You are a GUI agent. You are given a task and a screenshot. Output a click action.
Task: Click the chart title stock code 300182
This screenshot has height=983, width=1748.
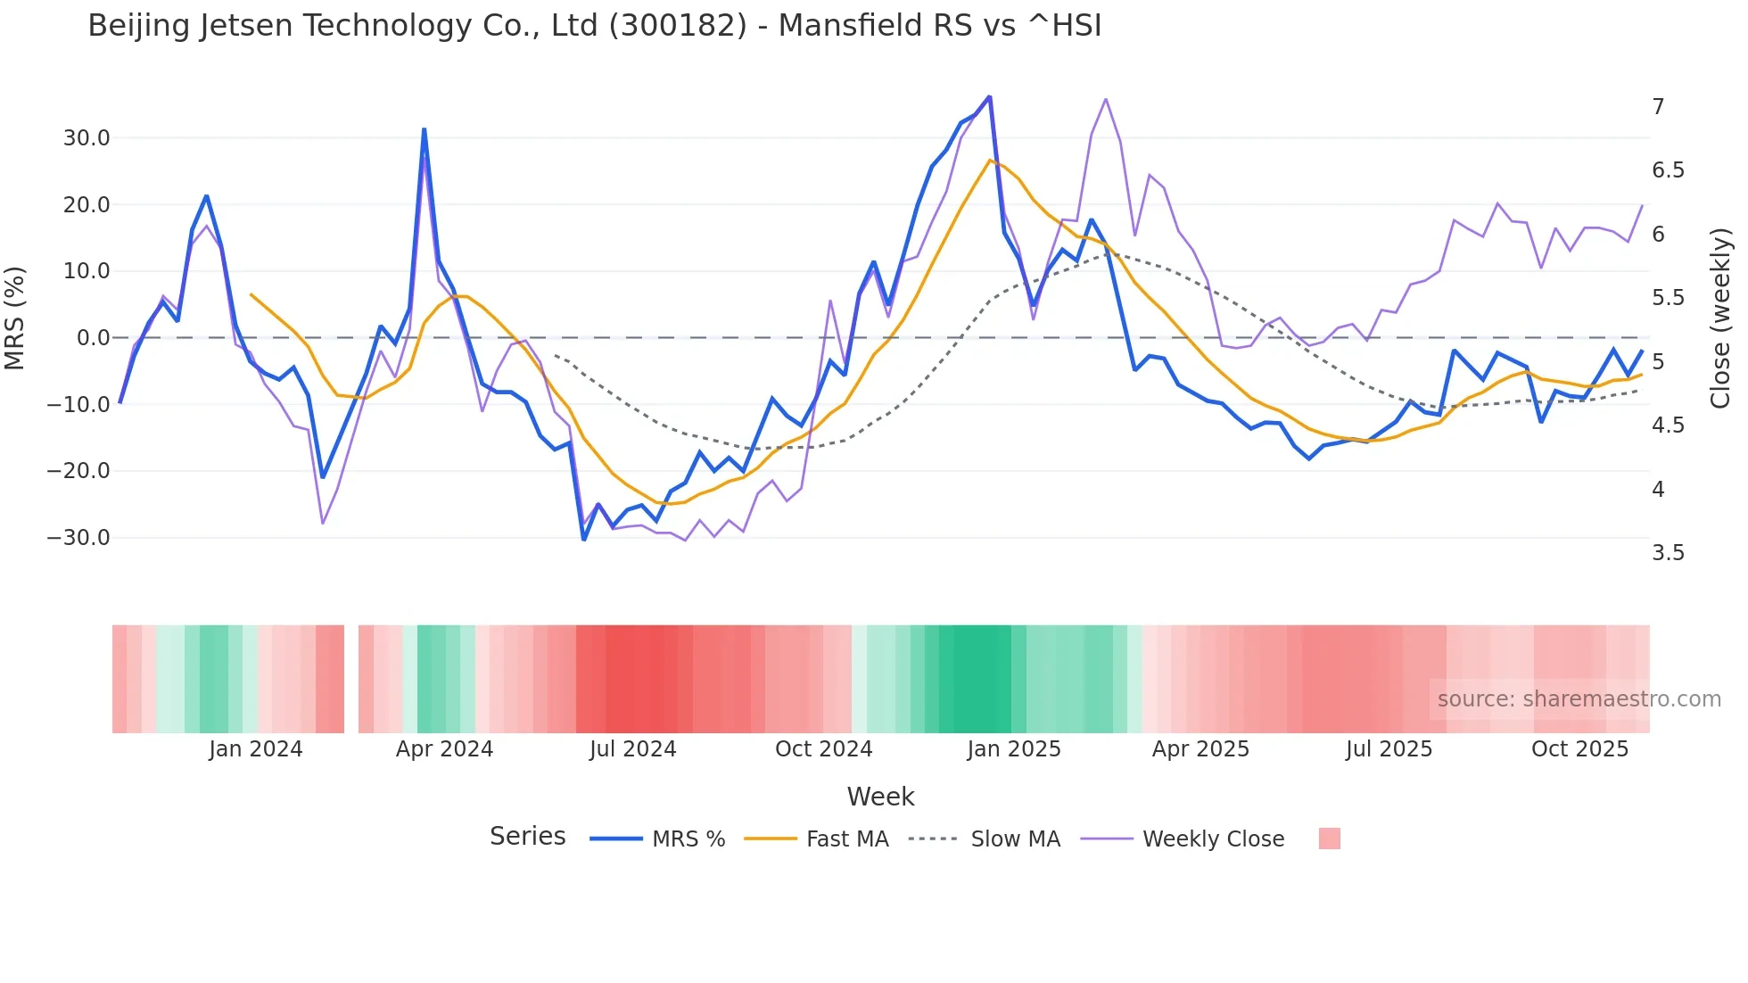[x=678, y=26]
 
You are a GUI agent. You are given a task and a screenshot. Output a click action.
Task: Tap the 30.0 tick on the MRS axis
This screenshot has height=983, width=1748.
[x=87, y=138]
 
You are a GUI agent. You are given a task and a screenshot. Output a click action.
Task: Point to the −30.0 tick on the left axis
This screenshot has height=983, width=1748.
[x=79, y=538]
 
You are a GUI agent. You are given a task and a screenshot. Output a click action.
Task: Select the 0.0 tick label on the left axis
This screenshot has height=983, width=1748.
[x=94, y=338]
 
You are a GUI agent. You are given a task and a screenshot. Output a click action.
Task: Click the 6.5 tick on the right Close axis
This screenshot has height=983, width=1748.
[x=1668, y=170]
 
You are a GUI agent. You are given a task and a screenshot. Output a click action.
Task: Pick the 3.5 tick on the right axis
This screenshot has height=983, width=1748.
[x=1668, y=553]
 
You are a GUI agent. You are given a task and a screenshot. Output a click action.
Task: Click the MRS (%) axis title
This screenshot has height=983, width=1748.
[x=15, y=318]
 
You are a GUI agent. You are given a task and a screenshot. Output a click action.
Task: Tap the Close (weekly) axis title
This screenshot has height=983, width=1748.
[x=1720, y=318]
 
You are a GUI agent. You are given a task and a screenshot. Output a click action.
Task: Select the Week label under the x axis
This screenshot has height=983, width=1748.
[x=880, y=797]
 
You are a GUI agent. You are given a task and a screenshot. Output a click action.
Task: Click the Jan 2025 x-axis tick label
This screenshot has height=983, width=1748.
[x=1014, y=749]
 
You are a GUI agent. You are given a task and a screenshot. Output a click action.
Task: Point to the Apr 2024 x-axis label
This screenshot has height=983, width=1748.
[x=444, y=749]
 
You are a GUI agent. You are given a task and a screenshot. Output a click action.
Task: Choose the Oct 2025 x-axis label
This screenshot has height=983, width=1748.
[x=1579, y=749]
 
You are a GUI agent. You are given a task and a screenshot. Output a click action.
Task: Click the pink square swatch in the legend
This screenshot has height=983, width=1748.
[x=1329, y=838]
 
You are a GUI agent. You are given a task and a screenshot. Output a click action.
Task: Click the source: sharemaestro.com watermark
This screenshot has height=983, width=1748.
[x=1579, y=699]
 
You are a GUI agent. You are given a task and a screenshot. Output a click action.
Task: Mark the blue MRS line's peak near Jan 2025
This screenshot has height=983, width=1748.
[x=989, y=97]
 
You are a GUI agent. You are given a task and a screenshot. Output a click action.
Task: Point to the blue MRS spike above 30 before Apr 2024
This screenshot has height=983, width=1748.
[x=425, y=130]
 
